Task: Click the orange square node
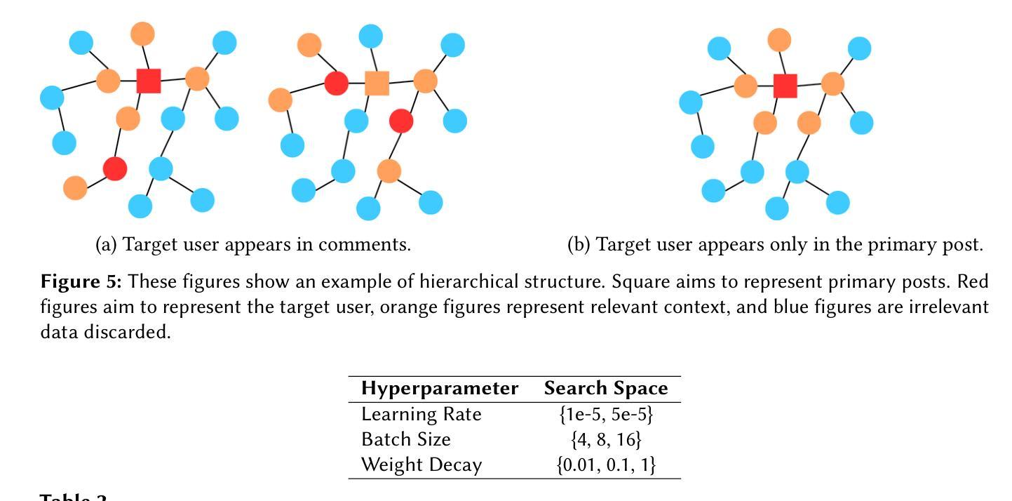pos(377,83)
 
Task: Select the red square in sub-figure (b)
pos(785,86)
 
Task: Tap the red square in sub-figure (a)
pos(149,81)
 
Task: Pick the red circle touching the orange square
pos(337,83)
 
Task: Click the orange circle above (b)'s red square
pos(779,40)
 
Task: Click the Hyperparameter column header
pos(440,389)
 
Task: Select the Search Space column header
pos(606,389)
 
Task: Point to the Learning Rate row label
pos(421,414)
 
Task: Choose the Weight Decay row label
pos(421,465)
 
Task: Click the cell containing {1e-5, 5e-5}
pos(606,414)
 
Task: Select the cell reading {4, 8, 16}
pos(606,439)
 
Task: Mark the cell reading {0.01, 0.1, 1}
pos(606,465)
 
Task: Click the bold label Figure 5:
pos(81,282)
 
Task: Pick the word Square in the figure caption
pos(636,282)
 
